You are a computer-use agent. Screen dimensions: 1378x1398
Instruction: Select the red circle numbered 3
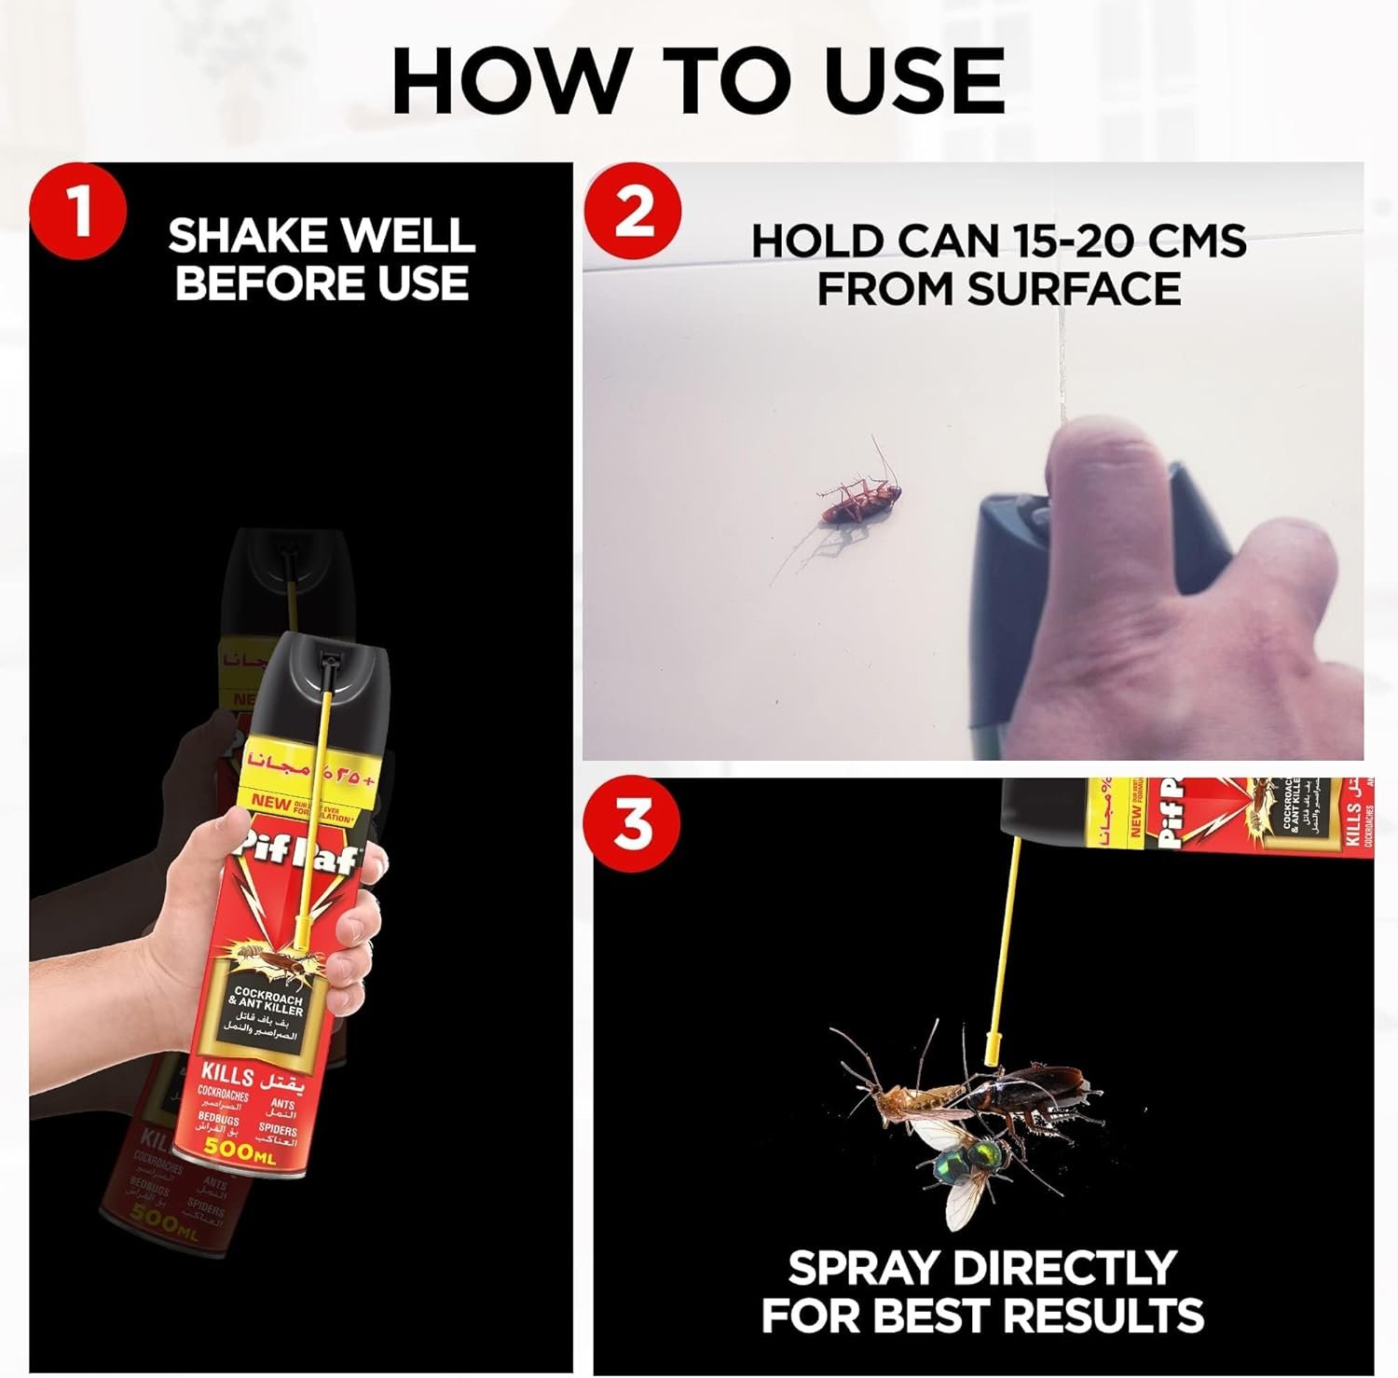[x=633, y=824]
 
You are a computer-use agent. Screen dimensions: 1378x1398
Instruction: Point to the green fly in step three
[x=969, y=1162]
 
